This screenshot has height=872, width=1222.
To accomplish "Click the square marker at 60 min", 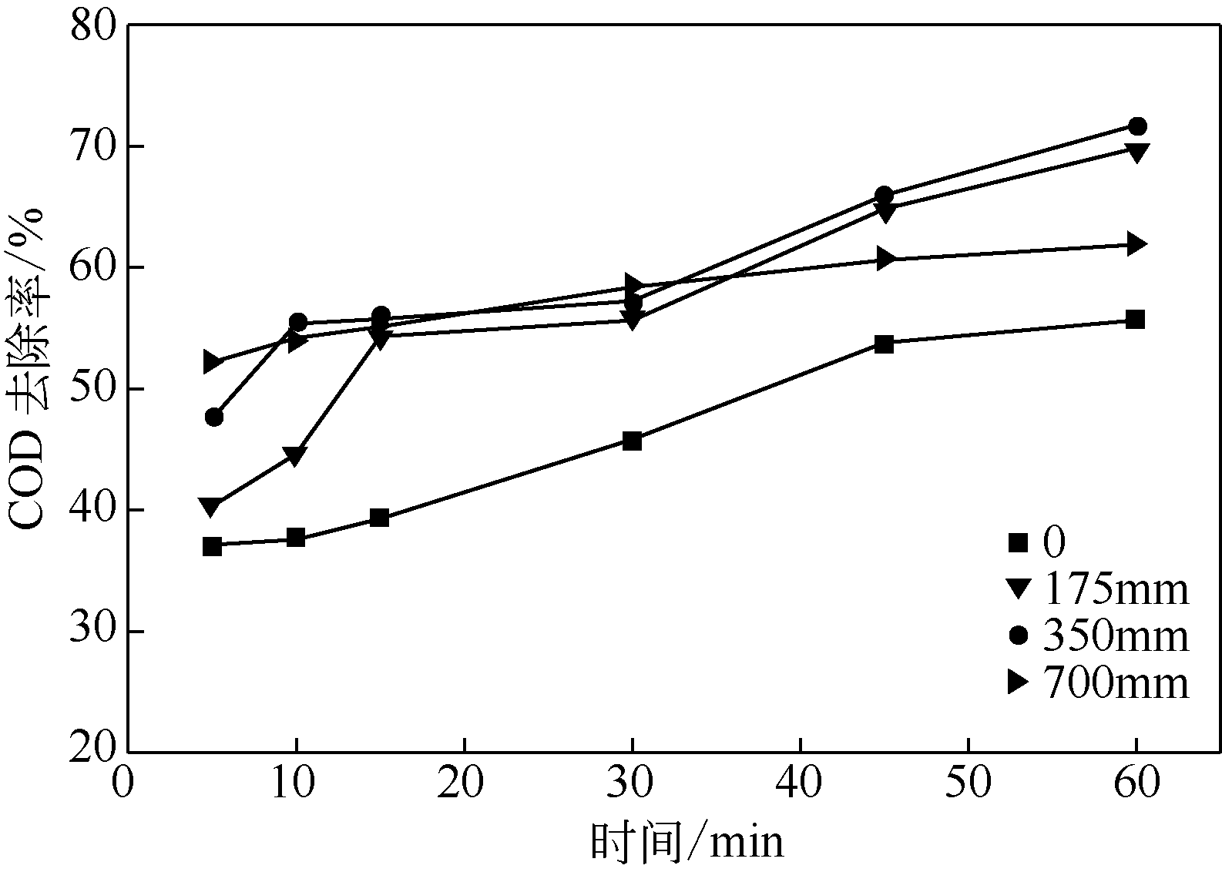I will [1135, 320].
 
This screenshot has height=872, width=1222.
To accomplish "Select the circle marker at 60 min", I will [1137, 126].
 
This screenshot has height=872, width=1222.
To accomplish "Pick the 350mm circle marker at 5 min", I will [214, 417].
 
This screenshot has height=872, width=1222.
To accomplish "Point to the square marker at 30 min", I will [632, 441].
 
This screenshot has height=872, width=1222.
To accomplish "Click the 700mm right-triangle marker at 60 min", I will [1136, 245].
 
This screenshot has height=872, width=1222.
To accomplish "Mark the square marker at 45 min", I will [885, 344].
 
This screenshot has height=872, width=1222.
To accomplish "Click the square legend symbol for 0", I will [1019, 542].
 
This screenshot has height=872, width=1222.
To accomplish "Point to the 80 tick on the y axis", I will [92, 25].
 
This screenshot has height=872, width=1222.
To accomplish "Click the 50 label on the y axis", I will [92, 389].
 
